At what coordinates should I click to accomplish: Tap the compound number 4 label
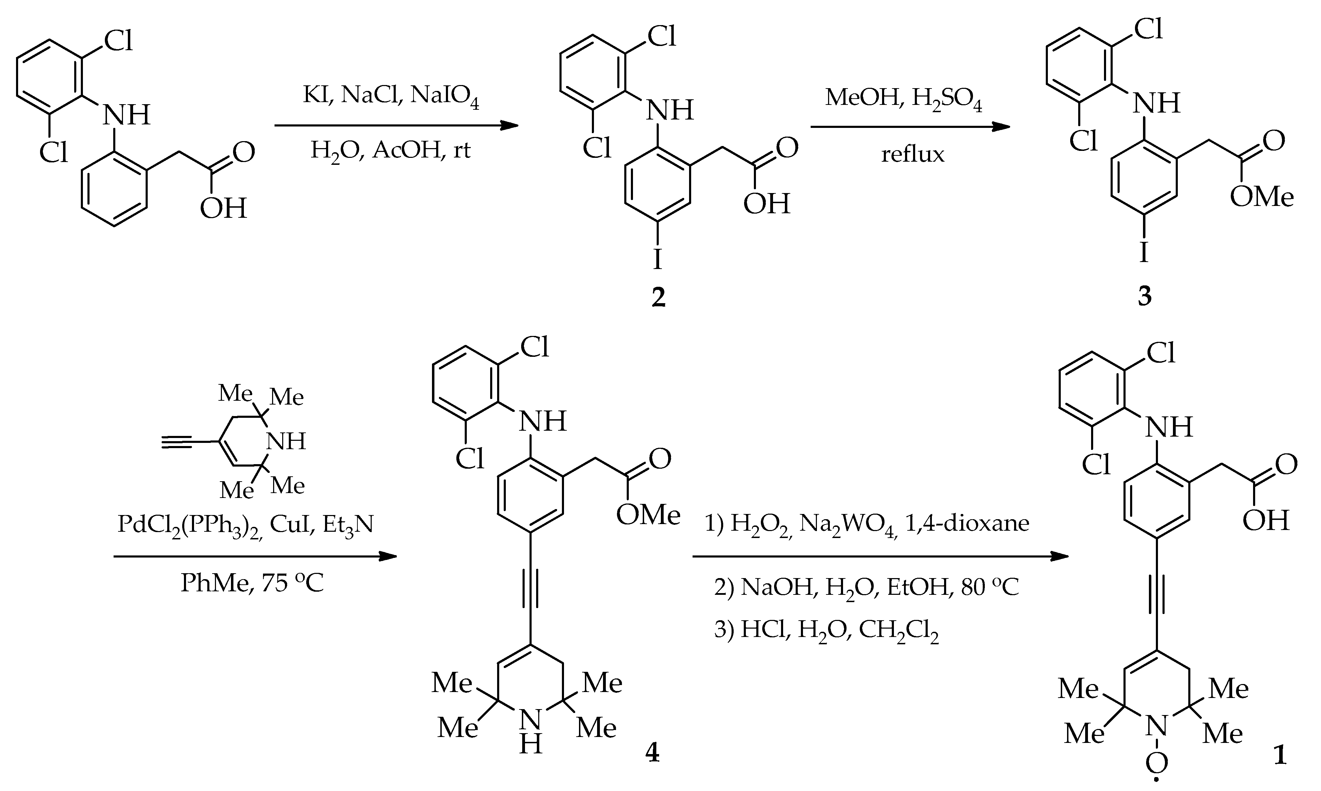tap(652, 753)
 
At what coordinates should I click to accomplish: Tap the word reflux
tap(912, 155)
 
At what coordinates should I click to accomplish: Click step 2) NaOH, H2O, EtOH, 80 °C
tap(866, 588)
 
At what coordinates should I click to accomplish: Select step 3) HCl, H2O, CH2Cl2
tap(826, 632)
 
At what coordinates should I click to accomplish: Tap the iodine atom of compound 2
tap(658, 260)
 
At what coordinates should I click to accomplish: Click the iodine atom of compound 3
tap(1144, 252)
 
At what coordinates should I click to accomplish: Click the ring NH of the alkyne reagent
tap(286, 441)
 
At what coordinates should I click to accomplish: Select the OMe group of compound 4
tap(648, 515)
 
